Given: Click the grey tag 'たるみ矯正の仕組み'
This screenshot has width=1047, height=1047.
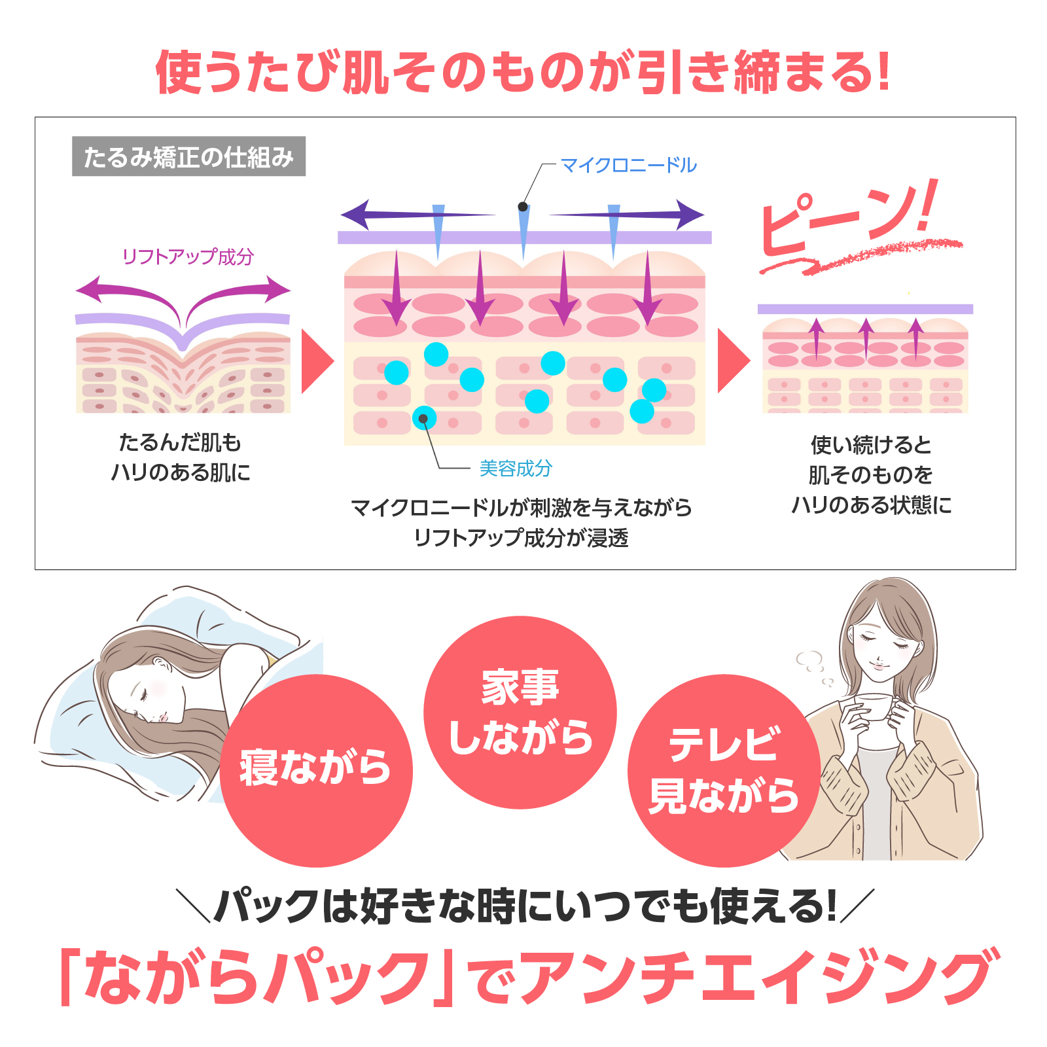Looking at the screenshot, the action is tap(188, 156).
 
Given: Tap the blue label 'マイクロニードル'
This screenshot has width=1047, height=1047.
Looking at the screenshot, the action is tap(629, 165).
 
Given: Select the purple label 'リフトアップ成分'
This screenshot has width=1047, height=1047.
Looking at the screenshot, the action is tap(188, 257).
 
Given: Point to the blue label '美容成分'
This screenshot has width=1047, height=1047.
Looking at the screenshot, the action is tap(516, 468).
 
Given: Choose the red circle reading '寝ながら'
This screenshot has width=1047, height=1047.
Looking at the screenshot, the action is tap(316, 770).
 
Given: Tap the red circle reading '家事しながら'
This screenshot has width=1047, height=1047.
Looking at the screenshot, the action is tap(520, 713).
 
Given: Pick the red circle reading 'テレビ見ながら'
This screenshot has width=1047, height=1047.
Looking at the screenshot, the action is tap(724, 770).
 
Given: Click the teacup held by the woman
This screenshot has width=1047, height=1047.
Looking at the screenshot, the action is tap(874, 706).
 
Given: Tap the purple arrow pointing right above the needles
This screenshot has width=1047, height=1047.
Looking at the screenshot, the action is tap(626, 214).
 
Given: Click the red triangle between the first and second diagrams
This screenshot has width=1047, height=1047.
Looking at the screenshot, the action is tap(317, 361).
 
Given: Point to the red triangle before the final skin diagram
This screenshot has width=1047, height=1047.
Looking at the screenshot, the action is tap(734, 361).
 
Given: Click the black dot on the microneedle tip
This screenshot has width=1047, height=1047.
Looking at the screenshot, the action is tap(523, 207).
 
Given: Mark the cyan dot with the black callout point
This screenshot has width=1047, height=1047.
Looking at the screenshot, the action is tap(424, 418).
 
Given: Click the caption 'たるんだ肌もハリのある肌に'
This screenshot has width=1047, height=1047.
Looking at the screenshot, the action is tap(181, 457).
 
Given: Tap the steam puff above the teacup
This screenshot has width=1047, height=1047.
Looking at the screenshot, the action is tap(811, 666).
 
